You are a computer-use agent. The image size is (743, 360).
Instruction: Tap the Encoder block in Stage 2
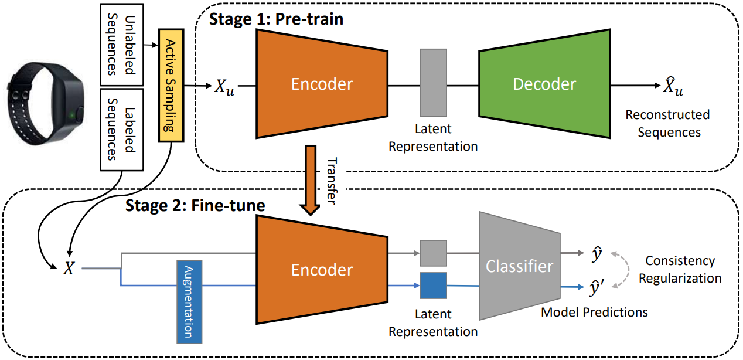coord(322,270)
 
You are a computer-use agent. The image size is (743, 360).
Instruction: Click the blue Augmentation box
coord(189,301)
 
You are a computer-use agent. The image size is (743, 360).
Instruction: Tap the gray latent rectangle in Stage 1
coord(433,82)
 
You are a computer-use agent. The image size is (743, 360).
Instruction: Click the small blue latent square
coord(433,286)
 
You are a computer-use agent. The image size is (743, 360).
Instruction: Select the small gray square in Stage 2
coord(433,253)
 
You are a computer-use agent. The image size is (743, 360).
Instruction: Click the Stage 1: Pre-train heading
coord(276,19)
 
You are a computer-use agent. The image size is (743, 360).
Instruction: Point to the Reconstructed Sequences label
coord(667,123)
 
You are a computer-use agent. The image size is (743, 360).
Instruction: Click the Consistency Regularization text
coord(680,269)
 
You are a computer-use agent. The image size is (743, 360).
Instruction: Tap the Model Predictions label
coord(594,312)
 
